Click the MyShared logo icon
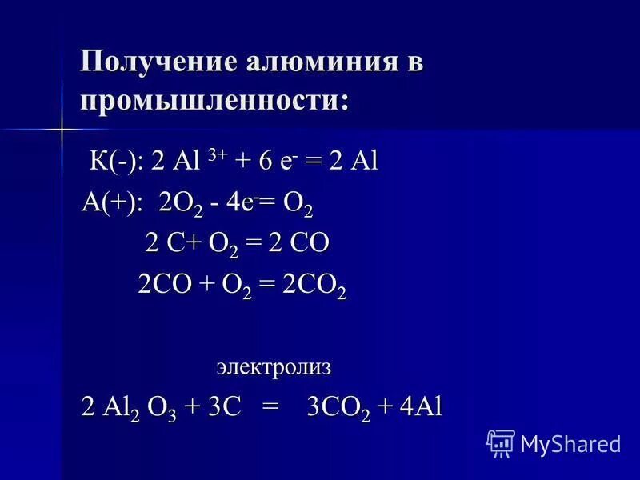point(501,442)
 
